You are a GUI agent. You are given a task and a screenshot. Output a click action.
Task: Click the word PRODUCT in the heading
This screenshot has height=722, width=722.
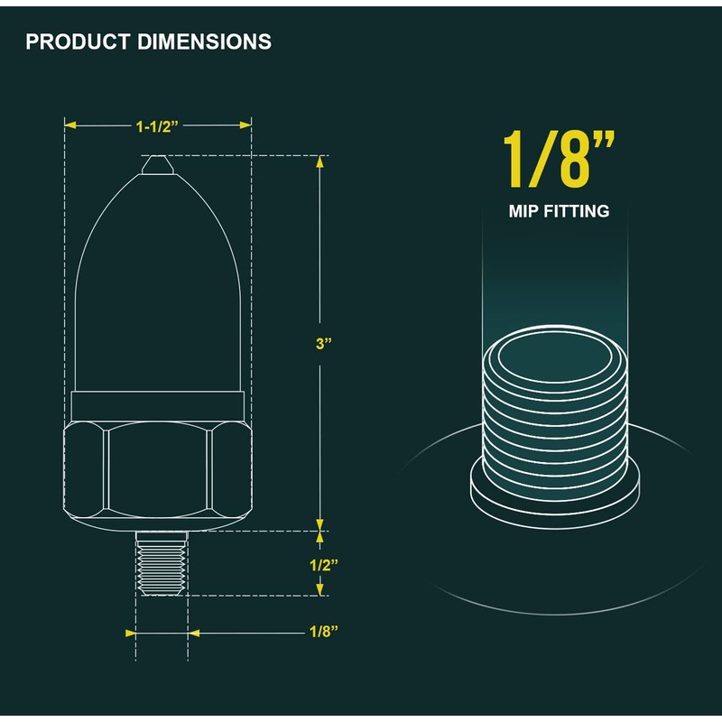(78, 42)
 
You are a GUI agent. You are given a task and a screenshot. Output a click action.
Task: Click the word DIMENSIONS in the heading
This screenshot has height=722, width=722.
(205, 42)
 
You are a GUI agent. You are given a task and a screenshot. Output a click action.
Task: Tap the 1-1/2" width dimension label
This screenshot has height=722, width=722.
(157, 126)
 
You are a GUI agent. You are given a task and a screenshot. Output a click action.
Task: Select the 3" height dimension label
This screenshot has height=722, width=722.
(324, 344)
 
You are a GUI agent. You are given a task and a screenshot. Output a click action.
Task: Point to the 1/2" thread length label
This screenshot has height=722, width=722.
(324, 565)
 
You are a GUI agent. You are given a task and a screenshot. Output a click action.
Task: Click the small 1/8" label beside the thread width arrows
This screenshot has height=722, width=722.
(324, 631)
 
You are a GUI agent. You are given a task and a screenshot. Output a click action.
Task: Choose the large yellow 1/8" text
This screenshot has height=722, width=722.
(559, 159)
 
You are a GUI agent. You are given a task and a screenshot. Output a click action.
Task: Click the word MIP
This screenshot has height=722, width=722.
(523, 211)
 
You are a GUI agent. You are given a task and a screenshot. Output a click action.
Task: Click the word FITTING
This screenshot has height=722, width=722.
(577, 211)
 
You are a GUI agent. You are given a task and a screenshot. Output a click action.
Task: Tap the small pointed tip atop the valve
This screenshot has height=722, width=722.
(157, 165)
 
